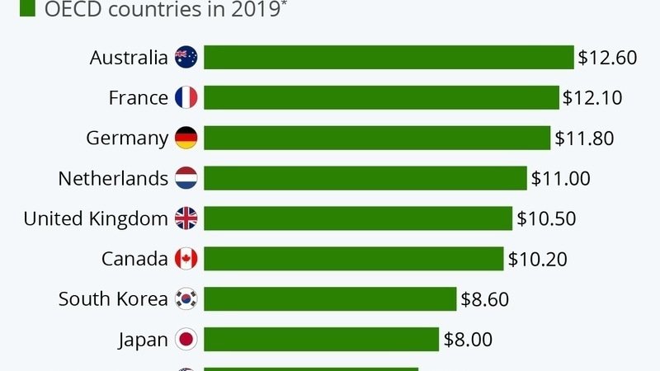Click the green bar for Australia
click(x=389, y=58)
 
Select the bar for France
click(x=381, y=98)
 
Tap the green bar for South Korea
click(x=330, y=299)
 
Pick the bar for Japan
click(x=321, y=339)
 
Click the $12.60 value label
click(x=607, y=58)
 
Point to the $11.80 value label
click(x=584, y=139)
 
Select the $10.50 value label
click(x=546, y=218)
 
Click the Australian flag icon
click(x=186, y=58)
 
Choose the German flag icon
click(x=186, y=139)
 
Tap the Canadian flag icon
click(x=186, y=259)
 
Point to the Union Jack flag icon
click(x=186, y=218)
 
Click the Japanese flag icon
click(x=186, y=339)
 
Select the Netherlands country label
click(x=113, y=178)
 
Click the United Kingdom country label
click(x=96, y=218)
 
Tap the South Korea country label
click(x=113, y=299)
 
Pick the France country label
click(x=138, y=98)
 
